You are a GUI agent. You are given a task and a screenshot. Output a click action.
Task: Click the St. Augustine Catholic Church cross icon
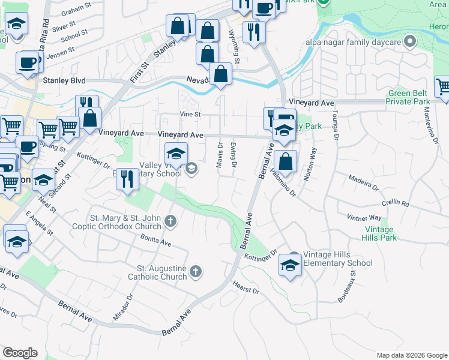[x=195, y=273]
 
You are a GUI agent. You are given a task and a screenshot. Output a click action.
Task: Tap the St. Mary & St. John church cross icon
[x=171, y=222]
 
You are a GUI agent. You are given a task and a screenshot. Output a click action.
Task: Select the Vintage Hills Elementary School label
[x=338, y=259]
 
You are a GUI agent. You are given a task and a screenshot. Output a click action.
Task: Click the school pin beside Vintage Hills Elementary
[x=290, y=266]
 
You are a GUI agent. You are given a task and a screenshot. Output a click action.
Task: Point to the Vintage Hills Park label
[x=379, y=233]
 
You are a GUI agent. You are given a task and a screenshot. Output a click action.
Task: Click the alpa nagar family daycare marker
[x=410, y=41]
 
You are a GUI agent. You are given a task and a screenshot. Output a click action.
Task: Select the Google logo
[x=20, y=353]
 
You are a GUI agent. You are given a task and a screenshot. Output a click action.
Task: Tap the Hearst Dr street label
[x=246, y=287]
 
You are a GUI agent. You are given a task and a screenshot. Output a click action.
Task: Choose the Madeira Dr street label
[x=364, y=182]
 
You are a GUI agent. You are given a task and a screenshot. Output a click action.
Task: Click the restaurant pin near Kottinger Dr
[x=127, y=179]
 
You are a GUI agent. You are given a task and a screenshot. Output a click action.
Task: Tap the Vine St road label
[x=190, y=114]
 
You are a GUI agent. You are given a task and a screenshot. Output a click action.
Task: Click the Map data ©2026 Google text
[x=411, y=355]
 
